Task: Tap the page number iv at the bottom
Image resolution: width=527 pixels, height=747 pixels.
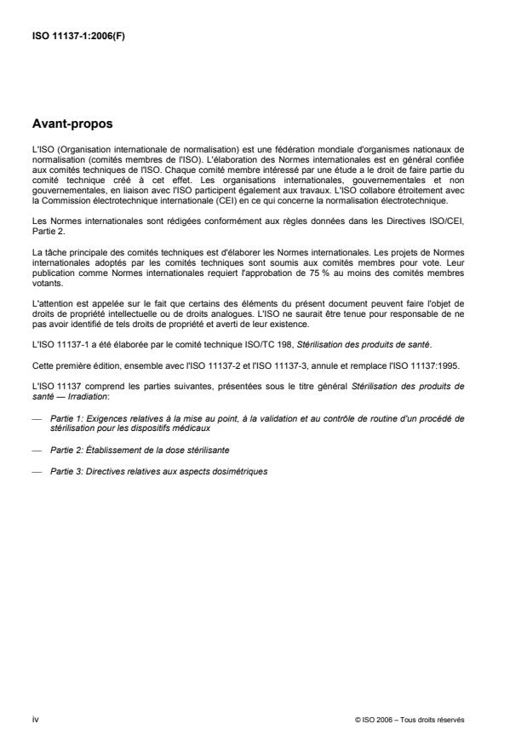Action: (35, 719)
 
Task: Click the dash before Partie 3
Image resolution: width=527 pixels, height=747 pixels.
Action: (36, 471)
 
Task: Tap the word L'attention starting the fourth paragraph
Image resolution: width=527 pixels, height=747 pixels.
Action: (50, 304)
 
